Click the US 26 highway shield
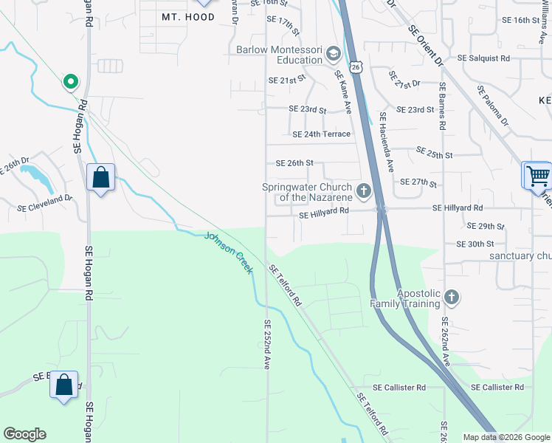356,67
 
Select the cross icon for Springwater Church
363,192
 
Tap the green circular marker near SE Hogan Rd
71,81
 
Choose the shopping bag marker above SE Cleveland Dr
100,178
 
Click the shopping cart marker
538,176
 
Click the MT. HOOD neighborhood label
188,16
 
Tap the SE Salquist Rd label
483,58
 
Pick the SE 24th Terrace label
321,134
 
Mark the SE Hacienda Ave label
387,142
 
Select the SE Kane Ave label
343,92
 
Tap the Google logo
24,434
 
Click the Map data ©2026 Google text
506,437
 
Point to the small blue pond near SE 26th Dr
31,174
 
